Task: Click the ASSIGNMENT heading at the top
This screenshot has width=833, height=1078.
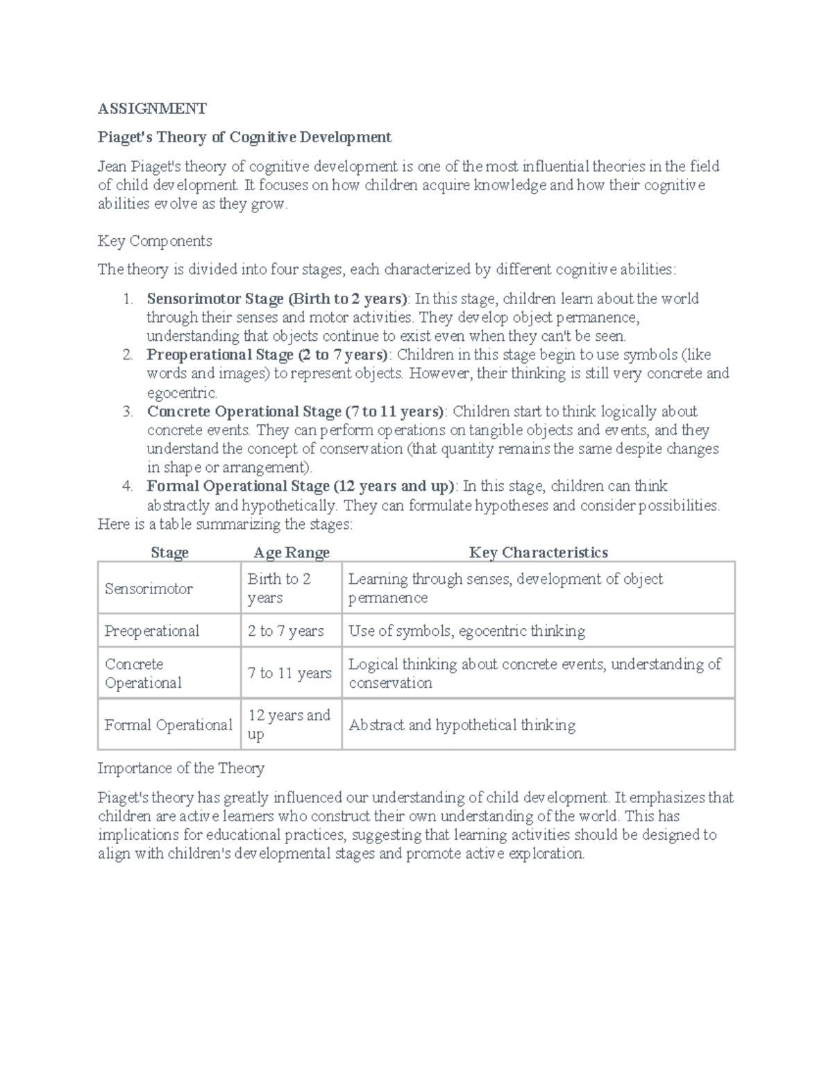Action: pyautogui.click(x=151, y=108)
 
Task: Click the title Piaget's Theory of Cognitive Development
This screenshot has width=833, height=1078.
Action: pyautogui.click(x=244, y=137)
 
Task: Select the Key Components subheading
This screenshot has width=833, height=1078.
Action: pyautogui.click(x=155, y=241)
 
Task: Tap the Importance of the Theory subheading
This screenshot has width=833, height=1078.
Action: pyautogui.click(x=180, y=768)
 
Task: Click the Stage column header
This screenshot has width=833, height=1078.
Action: pyautogui.click(x=169, y=553)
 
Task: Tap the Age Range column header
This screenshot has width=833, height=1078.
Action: pyautogui.click(x=291, y=553)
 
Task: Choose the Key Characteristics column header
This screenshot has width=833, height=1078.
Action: pyautogui.click(x=538, y=553)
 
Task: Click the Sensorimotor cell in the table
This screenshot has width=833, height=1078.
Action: pyautogui.click(x=149, y=589)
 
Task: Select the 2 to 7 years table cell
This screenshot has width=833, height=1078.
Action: pyautogui.click(x=286, y=631)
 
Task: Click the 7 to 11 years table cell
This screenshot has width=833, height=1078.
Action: pyautogui.click(x=289, y=673)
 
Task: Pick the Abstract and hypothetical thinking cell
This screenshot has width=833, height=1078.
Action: pyautogui.click(x=462, y=725)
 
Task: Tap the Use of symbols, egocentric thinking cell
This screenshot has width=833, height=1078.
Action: pyautogui.click(x=466, y=631)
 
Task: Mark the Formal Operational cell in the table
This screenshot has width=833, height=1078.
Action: pyautogui.click(x=168, y=725)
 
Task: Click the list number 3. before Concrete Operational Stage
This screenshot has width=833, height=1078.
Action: pyautogui.click(x=128, y=412)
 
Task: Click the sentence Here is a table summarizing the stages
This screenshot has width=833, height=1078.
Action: pyautogui.click(x=225, y=524)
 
